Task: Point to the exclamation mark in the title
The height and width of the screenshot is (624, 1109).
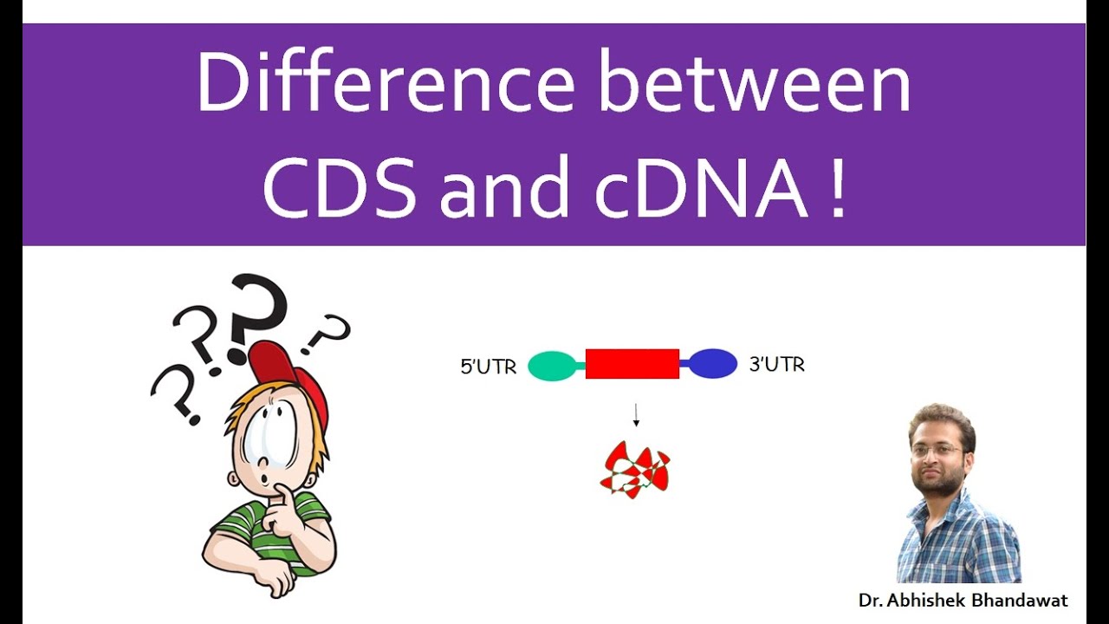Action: [x=835, y=190]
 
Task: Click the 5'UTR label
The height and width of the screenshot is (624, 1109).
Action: [x=489, y=367]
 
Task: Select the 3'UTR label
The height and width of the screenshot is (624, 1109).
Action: [x=776, y=365]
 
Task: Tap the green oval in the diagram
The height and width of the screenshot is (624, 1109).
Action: [x=552, y=365]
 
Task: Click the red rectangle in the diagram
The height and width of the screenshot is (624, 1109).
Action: [x=632, y=364]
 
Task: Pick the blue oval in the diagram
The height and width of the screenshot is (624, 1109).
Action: [x=713, y=364]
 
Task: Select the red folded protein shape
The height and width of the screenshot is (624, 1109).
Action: [x=635, y=470]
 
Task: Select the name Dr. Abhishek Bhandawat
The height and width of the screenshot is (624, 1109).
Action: [x=963, y=600]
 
